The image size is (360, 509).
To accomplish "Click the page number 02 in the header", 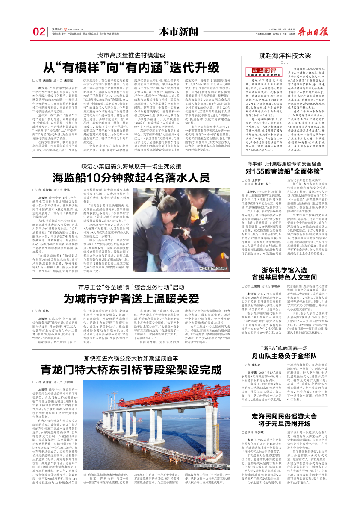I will pos(38,32).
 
